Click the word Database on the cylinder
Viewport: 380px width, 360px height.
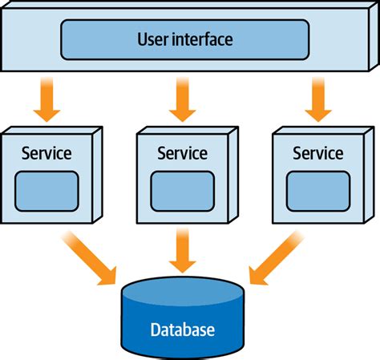point(182,329)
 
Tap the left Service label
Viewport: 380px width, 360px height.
point(46,152)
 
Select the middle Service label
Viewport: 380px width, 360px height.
point(182,152)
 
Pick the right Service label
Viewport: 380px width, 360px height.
point(317,152)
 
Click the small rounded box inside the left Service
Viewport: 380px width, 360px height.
point(47,189)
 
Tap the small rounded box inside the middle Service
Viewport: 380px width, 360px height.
point(183,189)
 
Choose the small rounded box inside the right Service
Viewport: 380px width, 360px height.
point(318,189)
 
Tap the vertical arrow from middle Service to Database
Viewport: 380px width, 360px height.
point(183,253)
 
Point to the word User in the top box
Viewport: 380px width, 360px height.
point(154,38)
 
